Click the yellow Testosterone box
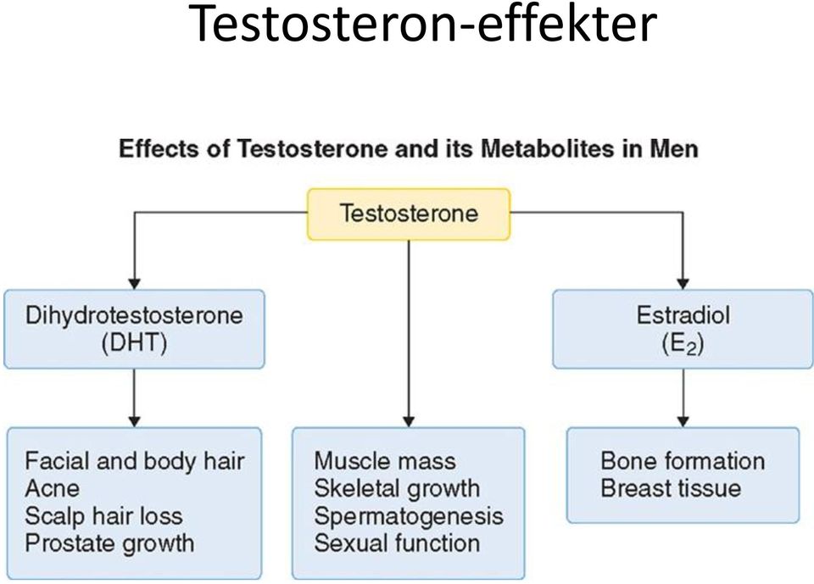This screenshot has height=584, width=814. [x=409, y=214]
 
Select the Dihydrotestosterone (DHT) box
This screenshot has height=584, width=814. [x=135, y=329]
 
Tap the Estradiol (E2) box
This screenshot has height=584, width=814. [x=683, y=329]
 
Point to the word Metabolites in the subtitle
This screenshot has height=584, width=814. [x=544, y=149]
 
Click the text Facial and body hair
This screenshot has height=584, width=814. [x=135, y=461]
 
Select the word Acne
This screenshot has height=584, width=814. [x=52, y=488]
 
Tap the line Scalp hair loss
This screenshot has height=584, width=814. [x=103, y=516]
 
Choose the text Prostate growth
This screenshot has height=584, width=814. [x=109, y=543]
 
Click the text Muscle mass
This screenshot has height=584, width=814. [x=385, y=461]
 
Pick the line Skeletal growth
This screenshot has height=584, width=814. [x=397, y=488]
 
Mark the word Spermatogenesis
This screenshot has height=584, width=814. [x=409, y=516]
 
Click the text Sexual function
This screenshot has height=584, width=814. [x=397, y=543]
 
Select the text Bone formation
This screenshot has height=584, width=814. [x=683, y=461]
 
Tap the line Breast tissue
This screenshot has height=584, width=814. [x=671, y=488]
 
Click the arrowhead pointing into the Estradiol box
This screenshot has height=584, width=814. [x=683, y=283]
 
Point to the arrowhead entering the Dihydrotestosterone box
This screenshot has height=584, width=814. [x=135, y=283]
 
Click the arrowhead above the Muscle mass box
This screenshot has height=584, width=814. [x=409, y=421]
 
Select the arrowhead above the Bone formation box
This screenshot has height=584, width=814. [x=683, y=421]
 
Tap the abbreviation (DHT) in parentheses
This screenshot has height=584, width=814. [x=135, y=343]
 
